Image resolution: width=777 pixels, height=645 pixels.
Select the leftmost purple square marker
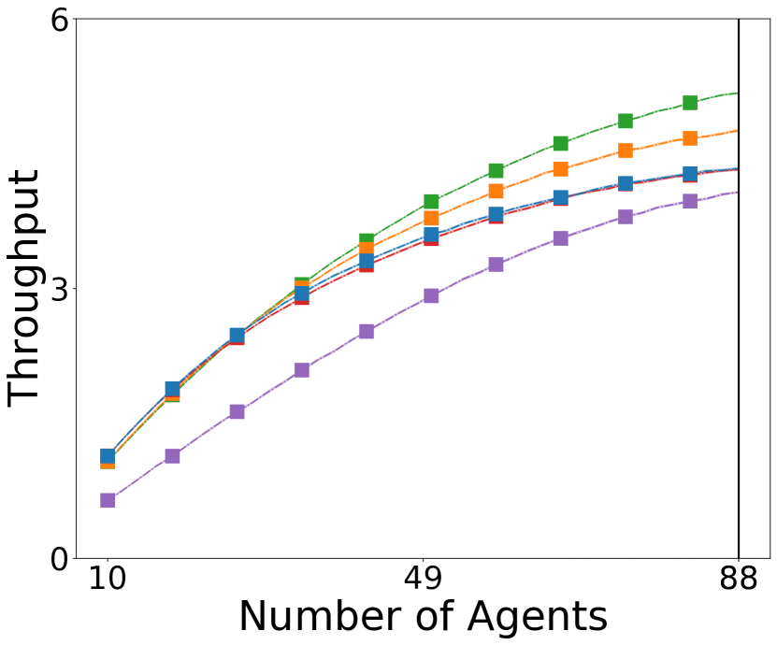[x=108, y=500]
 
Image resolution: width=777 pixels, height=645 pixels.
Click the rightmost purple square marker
[x=690, y=201]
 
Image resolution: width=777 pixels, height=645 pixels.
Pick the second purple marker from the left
[x=172, y=456]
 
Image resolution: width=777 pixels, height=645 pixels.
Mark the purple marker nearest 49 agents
[x=431, y=295]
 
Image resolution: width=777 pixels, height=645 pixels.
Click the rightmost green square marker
[x=690, y=103]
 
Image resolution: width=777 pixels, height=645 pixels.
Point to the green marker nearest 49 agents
[x=431, y=202]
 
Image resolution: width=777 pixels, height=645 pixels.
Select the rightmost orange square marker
[x=690, y=138]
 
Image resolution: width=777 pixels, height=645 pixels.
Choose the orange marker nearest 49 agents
[x=431, y=219]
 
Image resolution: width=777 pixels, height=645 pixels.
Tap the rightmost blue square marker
[x=690, y=174]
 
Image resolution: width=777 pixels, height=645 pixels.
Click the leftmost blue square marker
[x=108, y=456]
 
